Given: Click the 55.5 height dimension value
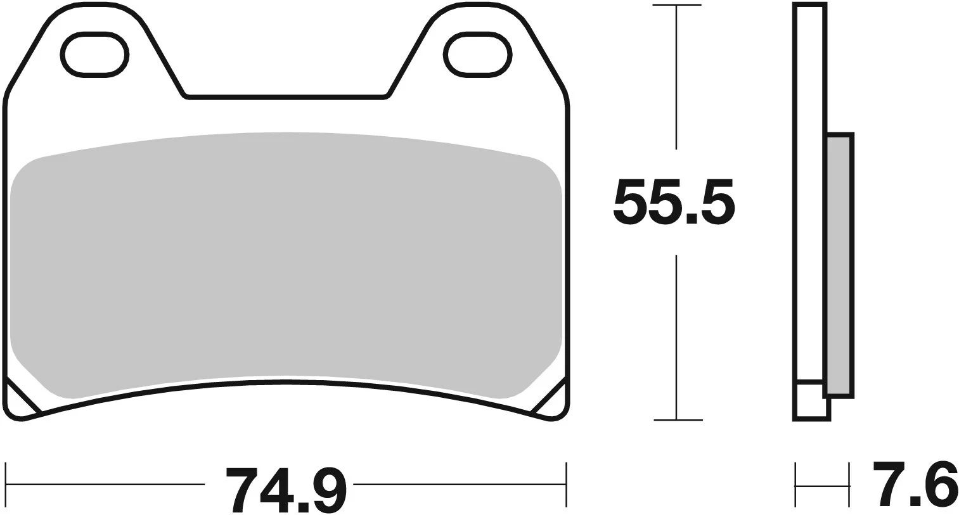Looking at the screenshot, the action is tap(674, 203).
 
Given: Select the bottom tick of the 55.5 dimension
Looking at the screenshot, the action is tap(678, 420).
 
